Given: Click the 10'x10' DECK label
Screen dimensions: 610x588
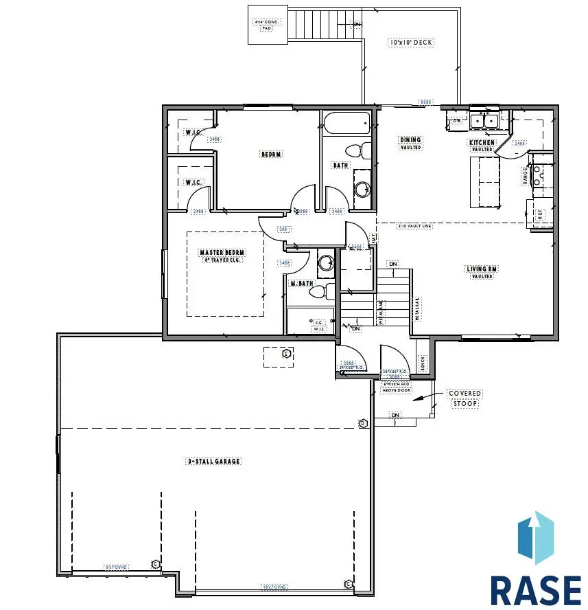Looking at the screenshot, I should (412, 43).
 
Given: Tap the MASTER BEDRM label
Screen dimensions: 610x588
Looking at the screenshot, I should (222, 253).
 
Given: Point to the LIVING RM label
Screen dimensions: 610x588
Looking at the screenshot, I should (482, 269).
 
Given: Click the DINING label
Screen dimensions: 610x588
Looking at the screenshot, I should (410, 140).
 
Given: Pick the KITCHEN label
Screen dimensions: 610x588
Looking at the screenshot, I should (482, 142).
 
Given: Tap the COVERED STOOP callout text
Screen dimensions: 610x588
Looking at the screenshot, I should (464, 398).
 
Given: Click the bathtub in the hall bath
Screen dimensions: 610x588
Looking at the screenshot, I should (348, 124).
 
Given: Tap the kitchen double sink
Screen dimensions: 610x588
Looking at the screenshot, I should (484, 121).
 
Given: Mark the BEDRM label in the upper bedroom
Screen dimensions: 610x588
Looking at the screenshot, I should (271, 155).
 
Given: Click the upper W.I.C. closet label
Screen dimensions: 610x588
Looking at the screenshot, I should (191, 132).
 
